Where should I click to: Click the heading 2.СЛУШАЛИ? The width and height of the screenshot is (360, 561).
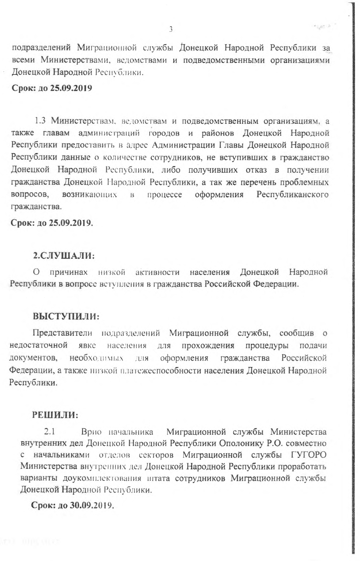coord(64,256)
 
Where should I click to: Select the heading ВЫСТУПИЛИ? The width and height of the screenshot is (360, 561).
coord(66,316)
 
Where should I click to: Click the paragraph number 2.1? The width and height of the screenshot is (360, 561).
coord(49,432)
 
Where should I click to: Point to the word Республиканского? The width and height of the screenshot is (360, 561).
coord(292,195)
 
